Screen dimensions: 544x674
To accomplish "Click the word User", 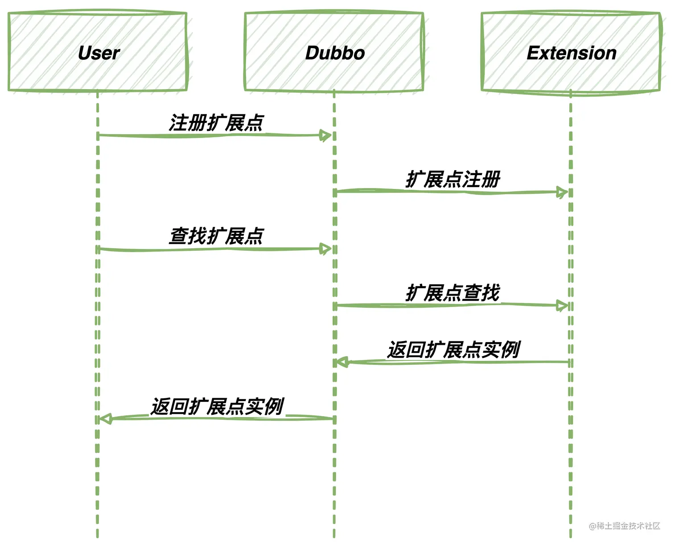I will [99, 53].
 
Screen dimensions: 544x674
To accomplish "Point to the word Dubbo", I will [335, 53].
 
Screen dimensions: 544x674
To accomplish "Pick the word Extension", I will [571, 53].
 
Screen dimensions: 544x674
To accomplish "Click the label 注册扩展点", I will [216, 123].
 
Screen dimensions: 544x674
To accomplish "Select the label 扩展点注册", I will [453, 180].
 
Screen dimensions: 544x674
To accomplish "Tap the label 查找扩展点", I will [216, 236].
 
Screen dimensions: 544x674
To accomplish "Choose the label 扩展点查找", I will [453, 293].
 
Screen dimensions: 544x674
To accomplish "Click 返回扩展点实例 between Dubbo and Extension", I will [453, 350].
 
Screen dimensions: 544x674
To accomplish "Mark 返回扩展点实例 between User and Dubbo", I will [217, 406].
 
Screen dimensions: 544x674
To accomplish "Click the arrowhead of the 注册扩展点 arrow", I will [326, 135].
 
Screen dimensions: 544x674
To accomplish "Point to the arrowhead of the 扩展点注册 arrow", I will [563, 192].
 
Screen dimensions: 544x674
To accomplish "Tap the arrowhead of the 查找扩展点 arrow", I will [326, 249].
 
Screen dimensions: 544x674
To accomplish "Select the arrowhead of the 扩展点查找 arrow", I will [563, 306].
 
